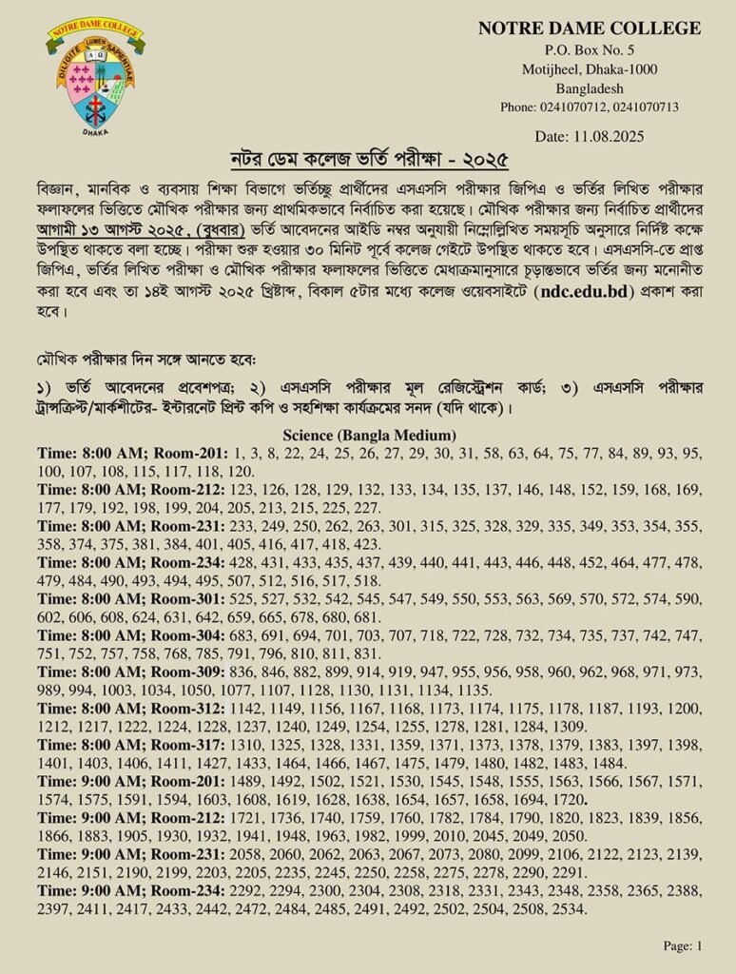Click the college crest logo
coord(94,77)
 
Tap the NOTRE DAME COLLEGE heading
coord(590,29)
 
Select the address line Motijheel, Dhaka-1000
coord(590,68)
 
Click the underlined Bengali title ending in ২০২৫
coord(367,158)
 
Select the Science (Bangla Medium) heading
coord(368,435)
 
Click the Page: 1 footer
coord(682,945)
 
